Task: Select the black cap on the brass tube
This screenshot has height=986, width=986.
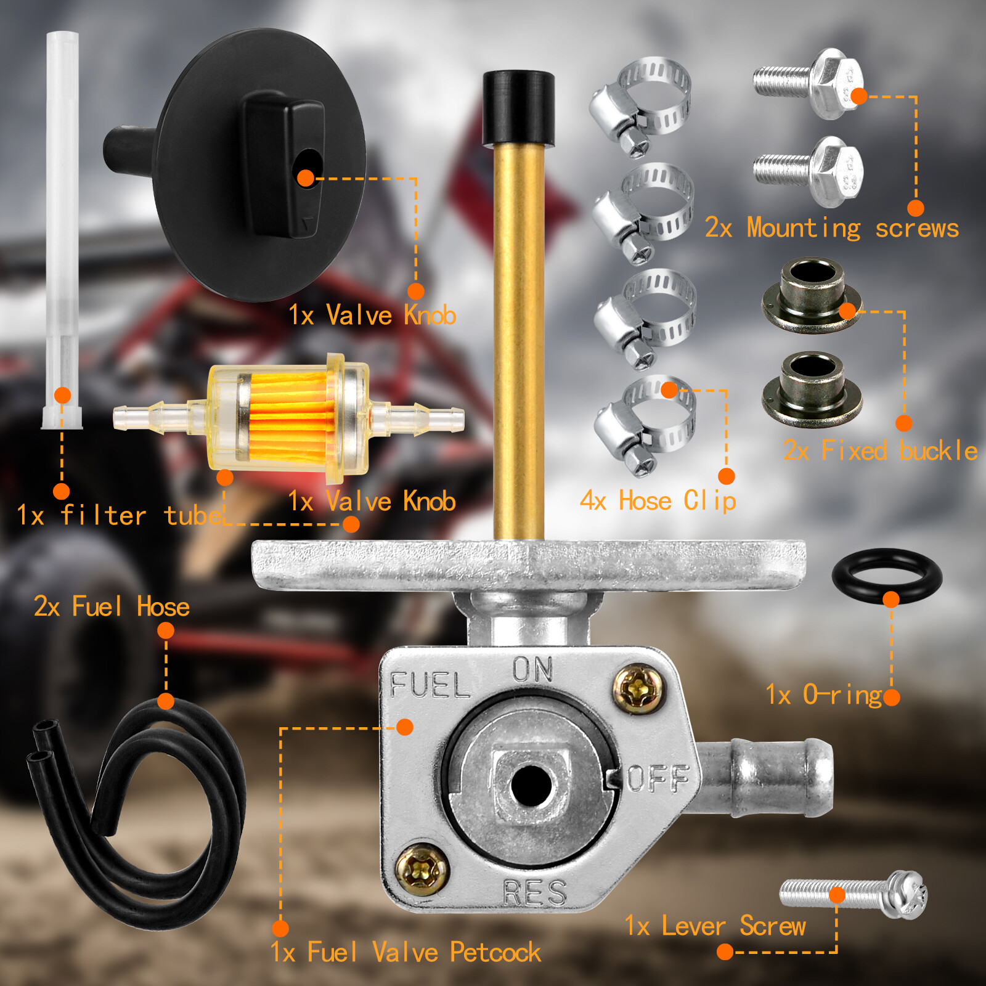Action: tap(518, 107)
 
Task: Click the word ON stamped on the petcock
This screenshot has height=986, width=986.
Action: tap(532, 669)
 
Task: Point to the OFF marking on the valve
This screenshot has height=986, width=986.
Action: tap(658, 778)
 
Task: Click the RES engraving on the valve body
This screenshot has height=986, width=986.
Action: tap(534, 892)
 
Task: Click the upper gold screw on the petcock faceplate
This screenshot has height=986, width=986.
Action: tap(639, 689)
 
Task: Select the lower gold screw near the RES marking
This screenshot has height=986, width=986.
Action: tap(422, 870)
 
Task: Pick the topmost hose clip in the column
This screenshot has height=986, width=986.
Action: tap(641, 105)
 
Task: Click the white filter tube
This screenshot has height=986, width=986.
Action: tap(62, 228)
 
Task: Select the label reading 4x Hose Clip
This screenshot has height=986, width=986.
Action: tap(658, 501)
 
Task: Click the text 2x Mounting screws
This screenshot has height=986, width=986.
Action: tap(831, 228)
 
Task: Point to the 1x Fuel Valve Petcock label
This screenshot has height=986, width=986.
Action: tap(405, 952)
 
